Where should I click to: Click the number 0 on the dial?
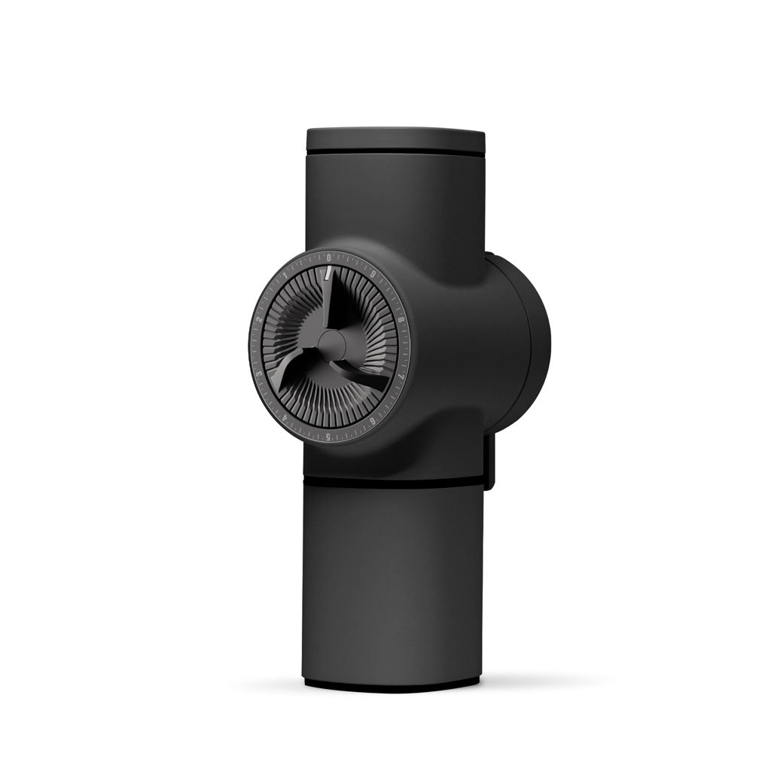(x=329, y=258)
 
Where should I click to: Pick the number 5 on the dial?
(x=328, y=436)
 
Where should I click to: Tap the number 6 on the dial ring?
(x=372, y=422)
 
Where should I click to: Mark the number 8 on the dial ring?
(x=401, y=320)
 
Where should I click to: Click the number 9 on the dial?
(x=373, y=276)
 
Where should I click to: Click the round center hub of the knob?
(x=331, y=346)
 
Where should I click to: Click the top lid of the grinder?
(x=395, y=141)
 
